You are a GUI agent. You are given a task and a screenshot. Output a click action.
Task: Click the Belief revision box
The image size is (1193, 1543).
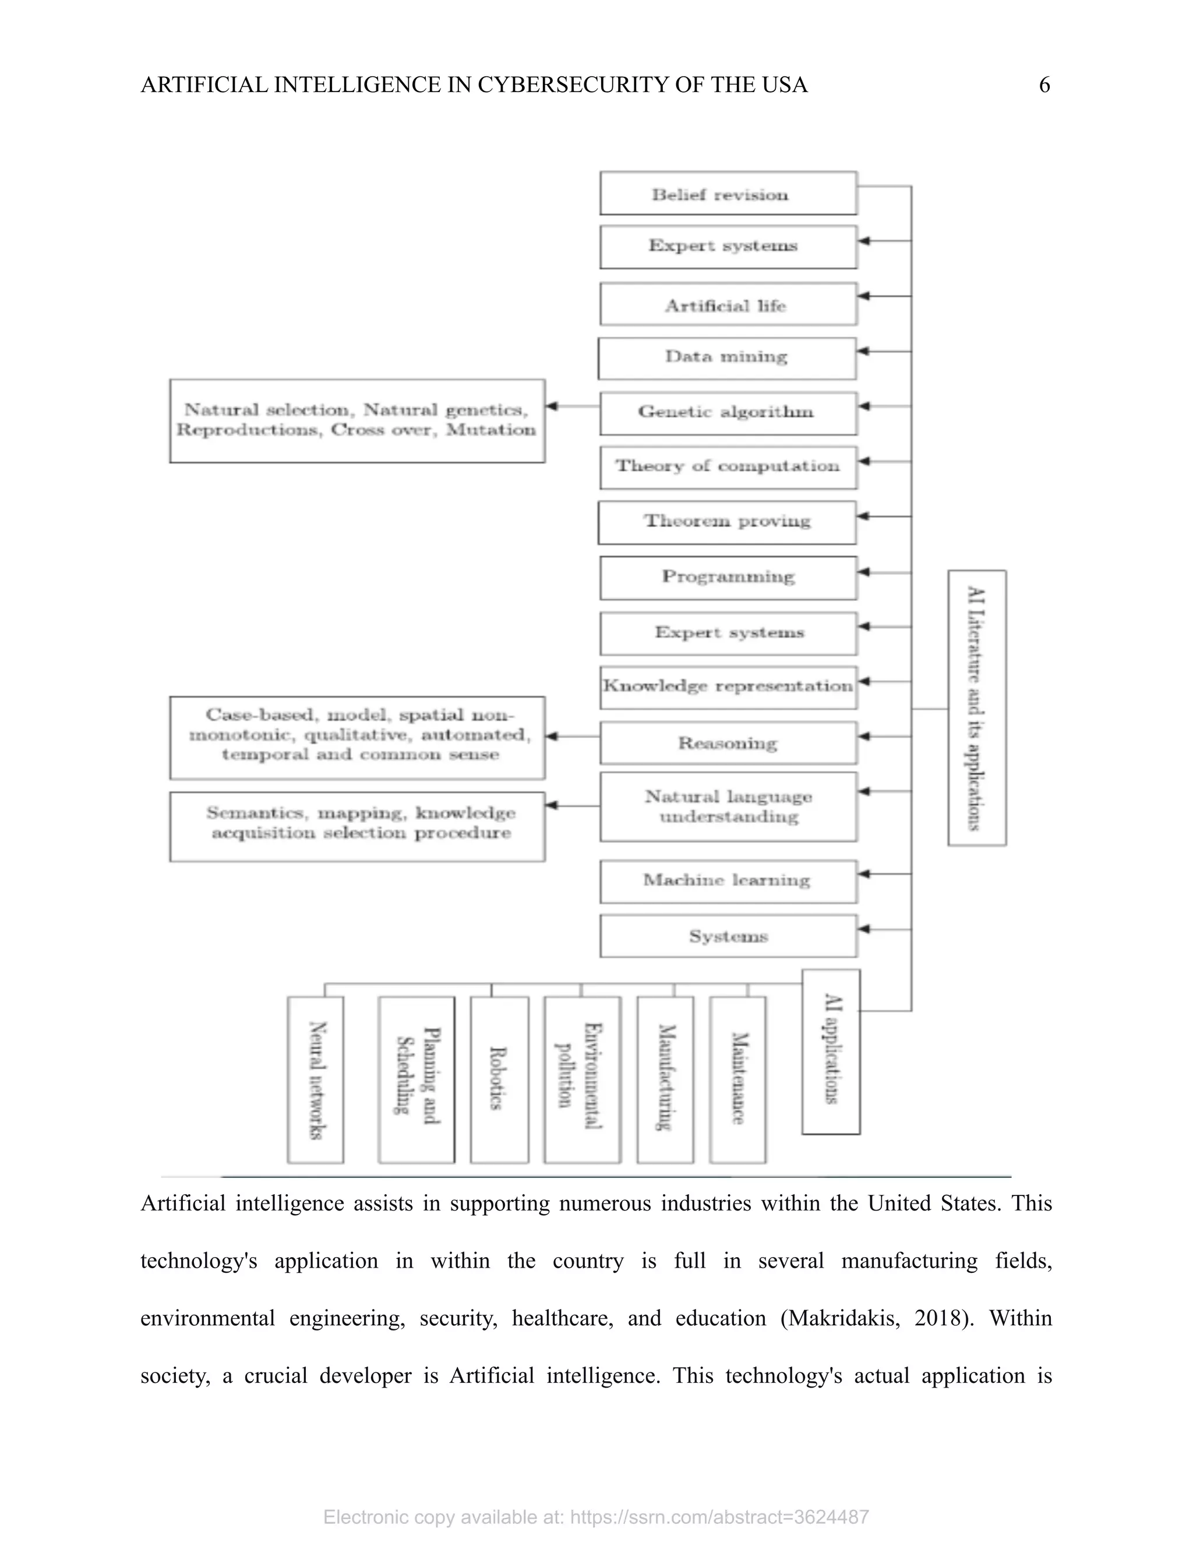coord(728,193)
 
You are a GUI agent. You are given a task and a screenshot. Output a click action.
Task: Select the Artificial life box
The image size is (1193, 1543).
coord(728,305)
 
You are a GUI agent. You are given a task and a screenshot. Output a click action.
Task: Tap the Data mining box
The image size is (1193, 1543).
coord(726,358)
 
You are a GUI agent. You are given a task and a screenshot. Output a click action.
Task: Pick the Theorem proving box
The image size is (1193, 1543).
coord(726,523)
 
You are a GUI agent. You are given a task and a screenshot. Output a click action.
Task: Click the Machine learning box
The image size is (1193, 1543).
coord(728,881)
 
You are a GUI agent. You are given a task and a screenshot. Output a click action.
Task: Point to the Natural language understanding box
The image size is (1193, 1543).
coord(728,807)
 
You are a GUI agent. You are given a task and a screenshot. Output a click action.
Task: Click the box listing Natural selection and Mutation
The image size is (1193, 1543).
coord(357,421)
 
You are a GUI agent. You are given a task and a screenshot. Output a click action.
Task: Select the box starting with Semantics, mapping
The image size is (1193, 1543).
coord(357,827)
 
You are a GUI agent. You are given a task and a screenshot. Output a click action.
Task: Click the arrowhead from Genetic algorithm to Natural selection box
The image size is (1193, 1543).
coord(552,406)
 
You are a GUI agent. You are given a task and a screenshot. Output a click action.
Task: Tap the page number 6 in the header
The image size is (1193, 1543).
coord(1044,86)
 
